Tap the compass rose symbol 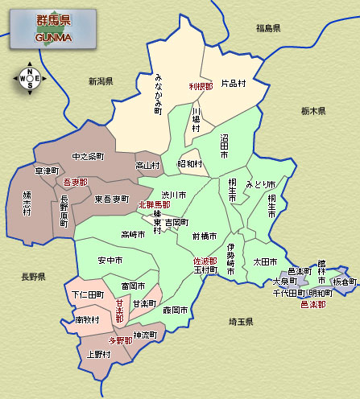pos(30,77)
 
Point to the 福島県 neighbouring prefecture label pos(268,28)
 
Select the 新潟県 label pos(101,81)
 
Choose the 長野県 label pos(33,277)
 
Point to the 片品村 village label pos(233,83)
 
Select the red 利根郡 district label pos(201,85)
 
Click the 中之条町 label pos(88,155)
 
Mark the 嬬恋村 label pos(27,202)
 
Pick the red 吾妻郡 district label pos(75,183)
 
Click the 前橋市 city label pos(206,236)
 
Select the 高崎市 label pos(133,235)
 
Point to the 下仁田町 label pos(89,295)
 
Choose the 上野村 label pos(98,354)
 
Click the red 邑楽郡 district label pos(313,305)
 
